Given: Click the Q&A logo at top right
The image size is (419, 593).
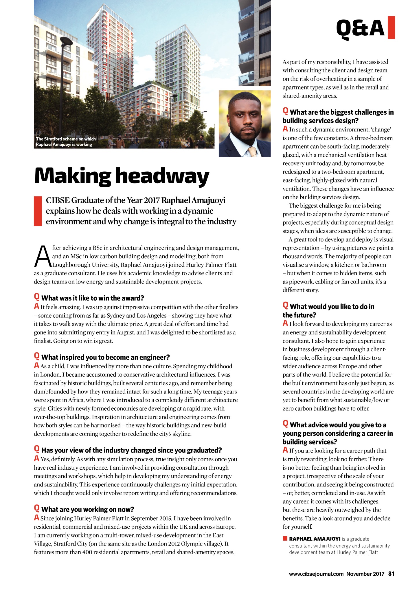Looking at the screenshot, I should tap(361, 28).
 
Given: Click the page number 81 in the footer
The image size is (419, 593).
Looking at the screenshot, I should tap(391, 574).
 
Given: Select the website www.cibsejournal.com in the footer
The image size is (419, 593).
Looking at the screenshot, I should tap(316, 574).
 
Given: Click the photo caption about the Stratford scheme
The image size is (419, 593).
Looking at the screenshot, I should tap(66, 142).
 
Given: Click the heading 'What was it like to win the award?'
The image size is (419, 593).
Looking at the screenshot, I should tap(93, 298).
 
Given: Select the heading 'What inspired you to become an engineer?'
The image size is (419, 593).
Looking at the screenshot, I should tap(105, 357).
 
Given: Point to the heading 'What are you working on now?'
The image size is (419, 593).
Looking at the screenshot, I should tap(88, 509).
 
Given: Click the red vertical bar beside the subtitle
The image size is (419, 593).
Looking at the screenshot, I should tap(38, 211).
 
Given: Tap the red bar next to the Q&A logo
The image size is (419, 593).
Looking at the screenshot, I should tap(391, 28).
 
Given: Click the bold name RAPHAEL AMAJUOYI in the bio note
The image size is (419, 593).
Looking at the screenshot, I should tap(315, 539).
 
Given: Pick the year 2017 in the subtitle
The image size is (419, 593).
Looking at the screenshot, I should tap(152, 200).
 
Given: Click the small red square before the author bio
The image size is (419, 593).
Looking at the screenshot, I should tap(285, 539).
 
